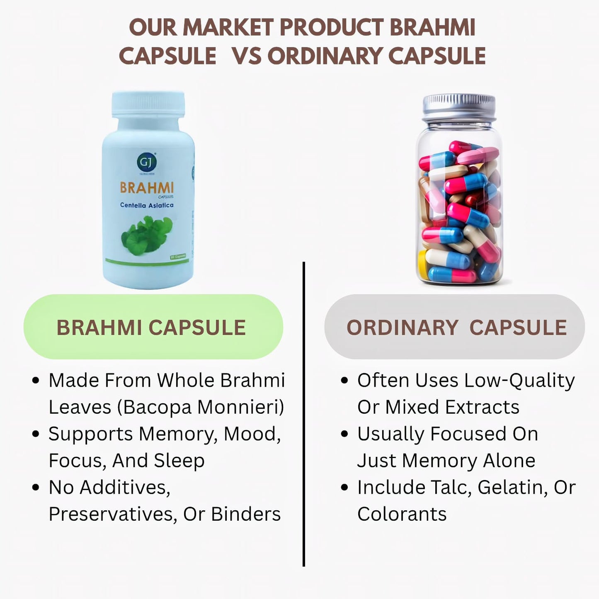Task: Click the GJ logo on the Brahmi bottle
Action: pyautogui.click(x=146, y=162)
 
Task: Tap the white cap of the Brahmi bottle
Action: pyautogui.click(x=148, y=104)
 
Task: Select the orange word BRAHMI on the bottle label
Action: pyautogui.click(x=147, y=188)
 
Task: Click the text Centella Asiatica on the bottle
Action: pyautogui.click(x=147, y=205)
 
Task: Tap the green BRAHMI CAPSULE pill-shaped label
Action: pyautogui.click(x=153, y=327)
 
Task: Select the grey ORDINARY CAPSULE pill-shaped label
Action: pyautogui.click(x=455, y=327)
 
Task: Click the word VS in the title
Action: pyautogui.click(x=246, y=56)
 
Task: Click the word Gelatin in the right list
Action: pyautogui.click(x=513, y=487)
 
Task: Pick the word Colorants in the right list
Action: pyautogui.click(x=402, y=514)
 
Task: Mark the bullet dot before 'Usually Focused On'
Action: pyautogui.click(x=344, y=434)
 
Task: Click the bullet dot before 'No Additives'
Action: pyautogui.click(x=36, y=487)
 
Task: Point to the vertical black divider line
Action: pyautogui.click(x=304, y=415)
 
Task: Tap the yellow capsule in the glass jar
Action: pyautogui.click(x=422, y=264)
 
